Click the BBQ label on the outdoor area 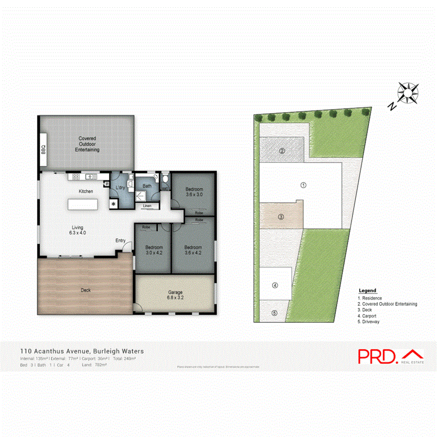(x=43, y=150)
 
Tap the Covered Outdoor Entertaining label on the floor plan (x=87, y=144)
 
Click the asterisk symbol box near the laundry (x=114, y=204)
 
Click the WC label (x=165, y=188)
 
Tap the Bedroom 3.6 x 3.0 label (x=194, y=192)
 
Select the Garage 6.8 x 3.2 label (x=175, y=295)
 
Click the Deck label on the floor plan (x=86, y=290)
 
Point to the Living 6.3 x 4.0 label (x=78, y=230)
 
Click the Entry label (x=120, y=240)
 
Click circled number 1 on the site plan (x=303, y=185)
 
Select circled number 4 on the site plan (x=275, y=286)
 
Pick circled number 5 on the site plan (x=274, y=313)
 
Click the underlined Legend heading (x=367, y=291)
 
